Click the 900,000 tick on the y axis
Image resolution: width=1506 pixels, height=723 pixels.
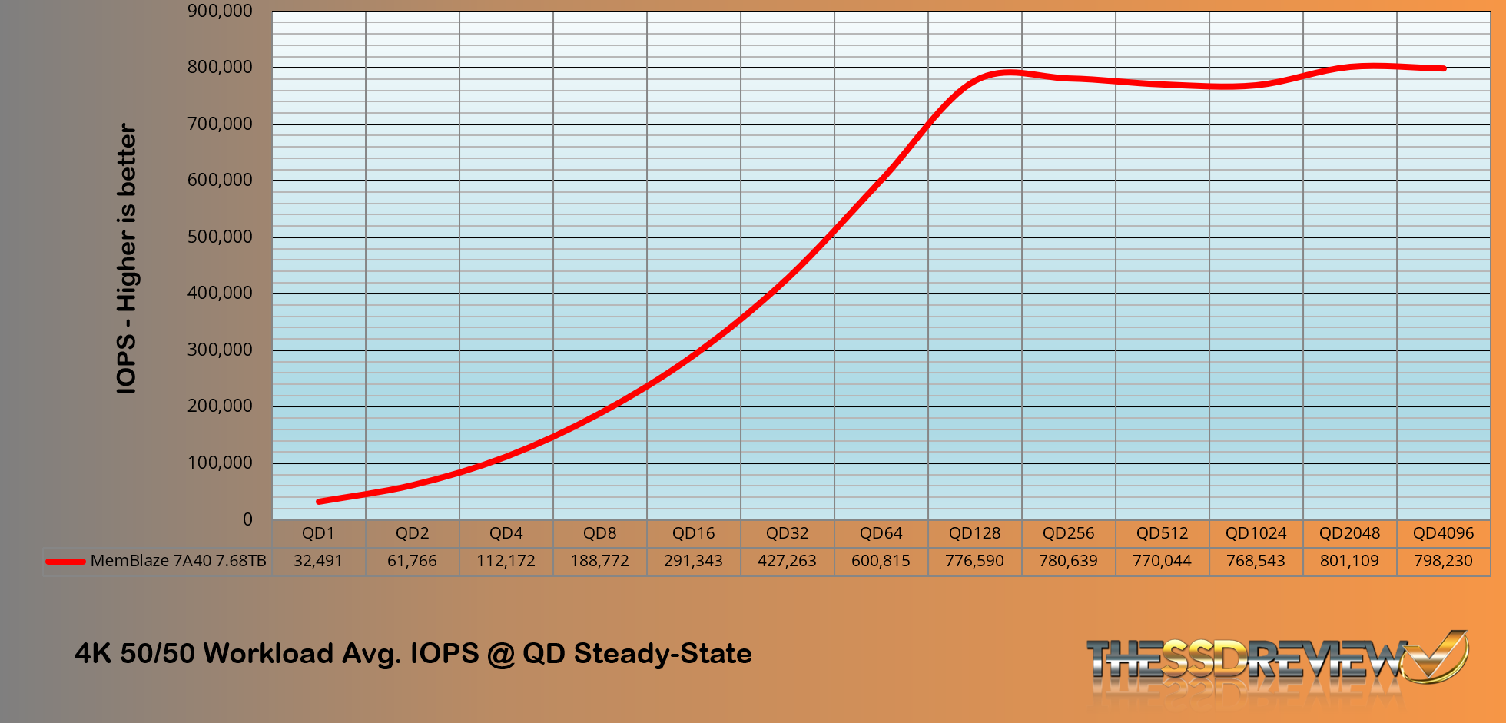(x=220, y=11)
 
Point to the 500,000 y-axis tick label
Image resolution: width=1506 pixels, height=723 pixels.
(x=220, y=237)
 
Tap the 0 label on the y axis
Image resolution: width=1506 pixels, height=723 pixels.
(x=247, y=519)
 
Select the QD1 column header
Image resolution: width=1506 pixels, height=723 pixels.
(x=318, y=533)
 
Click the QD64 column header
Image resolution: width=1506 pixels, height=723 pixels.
(x=881, y=533)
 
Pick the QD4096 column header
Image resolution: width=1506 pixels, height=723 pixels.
(x=1443, y=533)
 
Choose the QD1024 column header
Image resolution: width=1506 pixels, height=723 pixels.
(x=1256, y=533)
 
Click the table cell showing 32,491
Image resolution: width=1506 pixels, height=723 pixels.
(x=318, y=561)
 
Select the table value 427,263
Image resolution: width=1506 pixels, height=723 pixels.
(x=787, y=561)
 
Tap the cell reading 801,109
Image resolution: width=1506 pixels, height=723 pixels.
(x=1349, y=561)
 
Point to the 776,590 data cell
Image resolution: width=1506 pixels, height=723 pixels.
(x=974, y=561)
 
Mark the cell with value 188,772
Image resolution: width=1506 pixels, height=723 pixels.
(x=599, y=561)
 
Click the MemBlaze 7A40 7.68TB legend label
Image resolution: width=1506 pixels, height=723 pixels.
(x=178, y=561)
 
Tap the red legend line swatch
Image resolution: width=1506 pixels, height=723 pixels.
(x=65, y=562)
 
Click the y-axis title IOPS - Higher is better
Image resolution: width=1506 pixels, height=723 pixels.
(x=126, y=259)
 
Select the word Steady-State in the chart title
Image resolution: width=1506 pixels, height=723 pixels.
(x=662, y=654)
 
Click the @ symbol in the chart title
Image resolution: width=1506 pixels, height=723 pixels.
(x=501, y=654)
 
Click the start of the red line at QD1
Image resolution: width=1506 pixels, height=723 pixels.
(x=319, y=502)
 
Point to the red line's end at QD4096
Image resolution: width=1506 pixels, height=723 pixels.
(x=1444, y=68)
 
